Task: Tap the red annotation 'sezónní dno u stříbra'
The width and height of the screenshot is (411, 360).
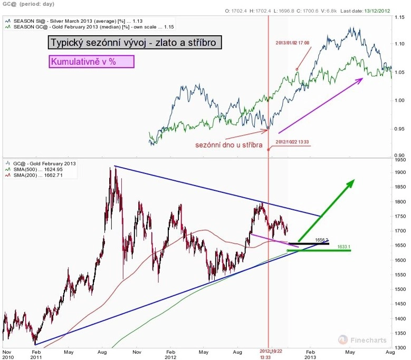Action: [228, 144]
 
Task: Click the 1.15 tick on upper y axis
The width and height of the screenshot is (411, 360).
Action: [399, 17]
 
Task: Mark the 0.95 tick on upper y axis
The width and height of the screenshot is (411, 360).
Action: [399, 128]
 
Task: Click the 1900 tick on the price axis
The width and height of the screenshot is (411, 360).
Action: [399, 172]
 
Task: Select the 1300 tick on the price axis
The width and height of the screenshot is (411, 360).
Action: [399, 348]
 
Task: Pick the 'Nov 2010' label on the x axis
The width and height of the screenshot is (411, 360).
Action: [7, 354]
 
